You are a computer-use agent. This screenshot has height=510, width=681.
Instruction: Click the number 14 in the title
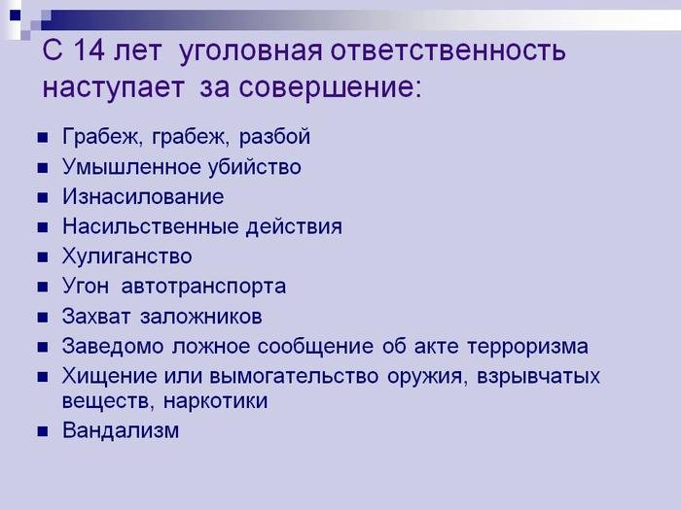90,51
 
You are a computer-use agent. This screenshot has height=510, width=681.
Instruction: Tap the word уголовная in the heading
251,52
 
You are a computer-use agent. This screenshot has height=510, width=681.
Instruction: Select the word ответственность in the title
448,51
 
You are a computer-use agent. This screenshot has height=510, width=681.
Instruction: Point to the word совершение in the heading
330,87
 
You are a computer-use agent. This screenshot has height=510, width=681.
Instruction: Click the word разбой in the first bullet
274,137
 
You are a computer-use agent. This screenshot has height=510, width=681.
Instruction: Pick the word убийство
254,166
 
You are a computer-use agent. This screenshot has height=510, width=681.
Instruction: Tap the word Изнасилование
143,196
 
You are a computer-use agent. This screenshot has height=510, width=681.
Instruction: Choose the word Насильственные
150,226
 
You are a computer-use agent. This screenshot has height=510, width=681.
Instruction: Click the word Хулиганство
126,256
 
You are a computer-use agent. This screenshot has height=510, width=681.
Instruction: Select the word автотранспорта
203,287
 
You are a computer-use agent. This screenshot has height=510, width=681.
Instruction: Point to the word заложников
201,317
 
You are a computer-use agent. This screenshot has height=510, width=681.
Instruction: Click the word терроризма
527,347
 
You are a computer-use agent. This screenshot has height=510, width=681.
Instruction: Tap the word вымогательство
294,376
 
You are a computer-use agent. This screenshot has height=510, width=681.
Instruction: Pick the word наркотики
215,400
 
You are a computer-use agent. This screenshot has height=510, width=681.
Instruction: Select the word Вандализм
121,430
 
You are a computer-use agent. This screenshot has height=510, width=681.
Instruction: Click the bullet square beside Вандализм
43,431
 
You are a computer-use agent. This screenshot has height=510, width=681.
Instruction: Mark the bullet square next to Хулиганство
43,257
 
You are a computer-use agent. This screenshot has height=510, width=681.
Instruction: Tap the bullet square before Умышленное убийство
43,168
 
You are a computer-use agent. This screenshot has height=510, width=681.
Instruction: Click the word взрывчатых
538,377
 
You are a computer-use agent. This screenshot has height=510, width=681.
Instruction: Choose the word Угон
86,287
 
